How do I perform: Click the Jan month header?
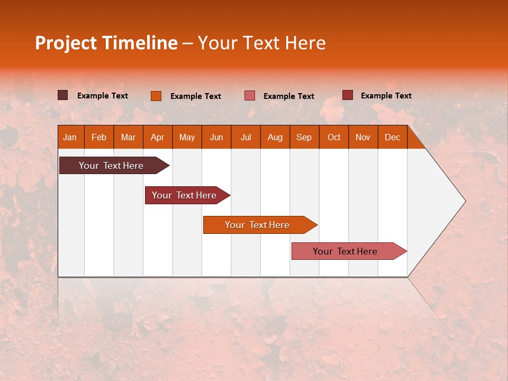tap(70, 137)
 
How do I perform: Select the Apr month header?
tap(158, 137)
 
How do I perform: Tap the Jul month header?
tap(246, 137)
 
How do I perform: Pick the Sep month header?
tap(304, 137)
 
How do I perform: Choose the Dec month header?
tap(392, 137)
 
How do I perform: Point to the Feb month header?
tap(99, 137)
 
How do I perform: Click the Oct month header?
tap(334, 137)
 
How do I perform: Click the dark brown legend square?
tap(63, 95)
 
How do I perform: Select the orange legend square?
tap(156, 96)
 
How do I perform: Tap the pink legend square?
tap(250, 96)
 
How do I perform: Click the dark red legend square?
tap(348, 95)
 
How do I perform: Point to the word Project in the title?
tap(67, 43)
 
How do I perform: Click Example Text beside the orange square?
tap(195, 96)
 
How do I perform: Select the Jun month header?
tap(216, 137)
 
